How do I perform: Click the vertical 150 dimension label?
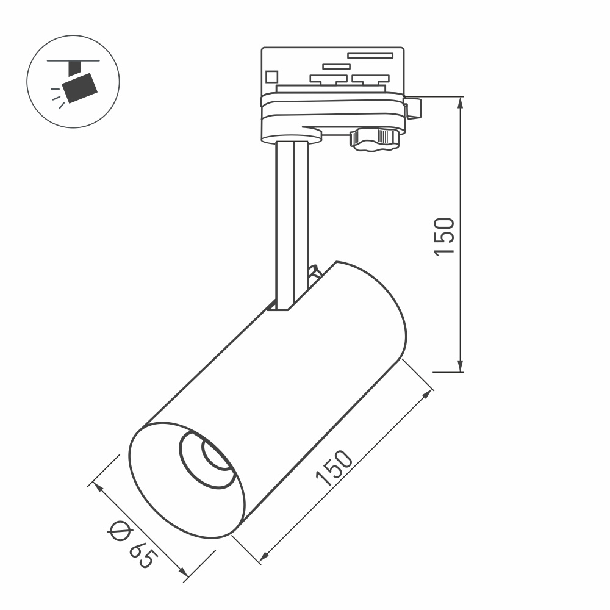click(445, 236)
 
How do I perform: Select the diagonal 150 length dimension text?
click(334, 468)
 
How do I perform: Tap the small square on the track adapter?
click(271, 77)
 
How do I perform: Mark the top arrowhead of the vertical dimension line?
click(461, 102)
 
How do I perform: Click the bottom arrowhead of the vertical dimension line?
click(461, 365)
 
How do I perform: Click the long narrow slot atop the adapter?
click(370, 56)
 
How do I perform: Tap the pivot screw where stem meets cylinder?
click(315, 271)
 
